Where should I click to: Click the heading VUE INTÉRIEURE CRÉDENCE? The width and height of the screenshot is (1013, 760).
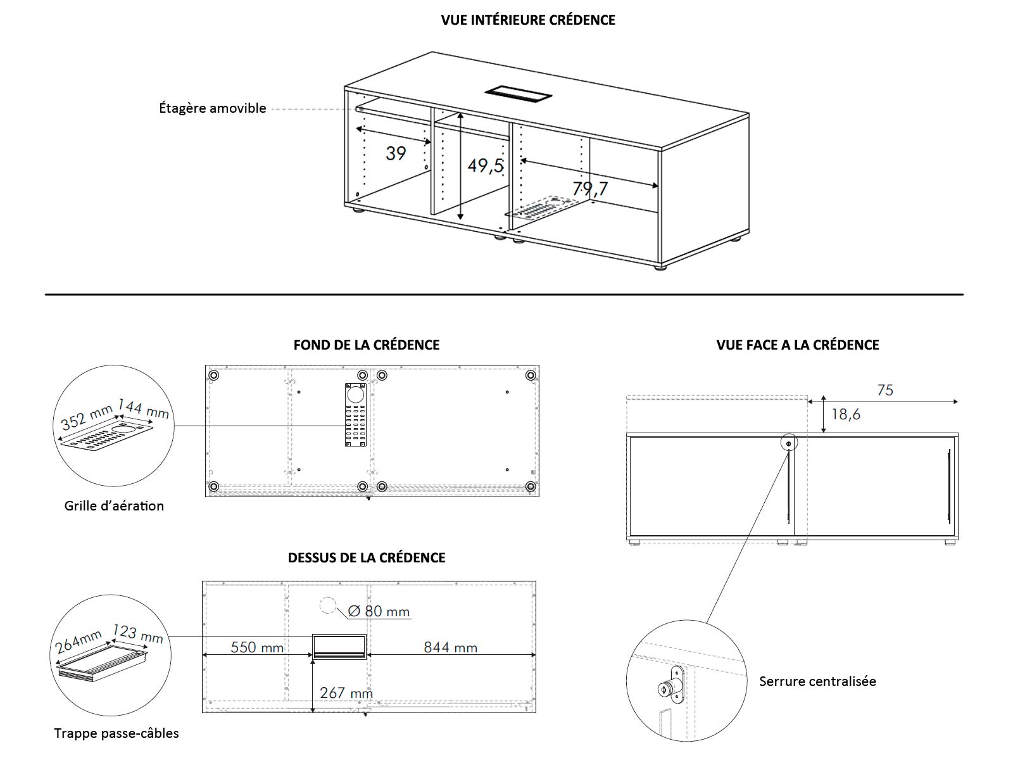528,20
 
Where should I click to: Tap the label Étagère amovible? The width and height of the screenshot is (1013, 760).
212,108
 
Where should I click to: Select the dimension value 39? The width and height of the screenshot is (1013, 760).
396,153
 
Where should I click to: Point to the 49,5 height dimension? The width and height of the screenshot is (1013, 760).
486,166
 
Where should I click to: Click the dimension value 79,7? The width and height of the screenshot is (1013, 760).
589,188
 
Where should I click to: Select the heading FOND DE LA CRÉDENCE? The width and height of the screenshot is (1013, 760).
366,345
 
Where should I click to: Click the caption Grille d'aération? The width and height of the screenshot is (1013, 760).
114,506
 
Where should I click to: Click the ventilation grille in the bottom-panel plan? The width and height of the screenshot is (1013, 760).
356,415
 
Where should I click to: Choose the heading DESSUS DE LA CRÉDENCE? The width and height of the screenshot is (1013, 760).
367,558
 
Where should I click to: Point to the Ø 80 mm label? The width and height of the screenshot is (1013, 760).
379,611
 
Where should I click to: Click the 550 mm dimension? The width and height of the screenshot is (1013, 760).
257,647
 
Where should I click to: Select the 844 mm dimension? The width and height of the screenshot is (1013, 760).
450,647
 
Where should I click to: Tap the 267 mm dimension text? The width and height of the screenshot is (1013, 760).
346,693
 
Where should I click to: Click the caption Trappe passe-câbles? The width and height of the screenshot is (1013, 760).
116,733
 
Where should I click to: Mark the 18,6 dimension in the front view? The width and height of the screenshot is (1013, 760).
846,414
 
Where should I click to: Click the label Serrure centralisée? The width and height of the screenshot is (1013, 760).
817,681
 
